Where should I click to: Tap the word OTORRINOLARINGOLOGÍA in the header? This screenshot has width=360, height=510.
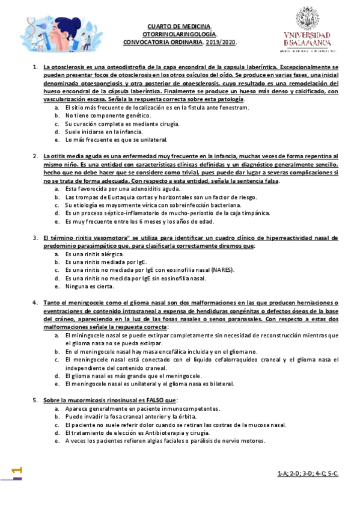tap(179, 34)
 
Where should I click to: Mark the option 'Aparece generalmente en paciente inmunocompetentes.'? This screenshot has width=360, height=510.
tap(142, 408)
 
